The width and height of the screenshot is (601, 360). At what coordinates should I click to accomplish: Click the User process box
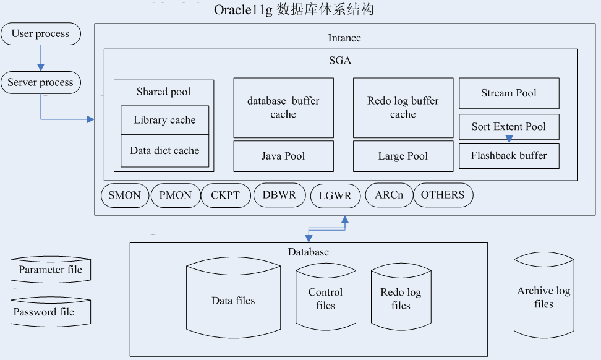(41, 33)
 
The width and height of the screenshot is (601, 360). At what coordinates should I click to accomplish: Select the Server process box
(41, 82)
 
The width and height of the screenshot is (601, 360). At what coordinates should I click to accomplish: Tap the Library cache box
(164, 120)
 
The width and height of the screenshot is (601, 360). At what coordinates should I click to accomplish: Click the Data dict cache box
(164, 150)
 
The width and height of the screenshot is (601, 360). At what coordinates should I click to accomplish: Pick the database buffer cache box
(283, 108)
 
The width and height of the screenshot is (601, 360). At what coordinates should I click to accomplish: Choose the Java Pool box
(283, 156)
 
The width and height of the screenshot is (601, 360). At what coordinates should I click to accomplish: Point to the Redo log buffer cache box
(403, 108)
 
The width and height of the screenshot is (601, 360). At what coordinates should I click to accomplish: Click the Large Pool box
(403, 156)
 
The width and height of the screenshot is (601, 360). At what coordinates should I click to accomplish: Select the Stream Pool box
(509, 93)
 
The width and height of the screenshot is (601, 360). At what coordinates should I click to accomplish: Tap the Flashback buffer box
(509, 156)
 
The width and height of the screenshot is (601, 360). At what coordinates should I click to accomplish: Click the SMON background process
(125, 195)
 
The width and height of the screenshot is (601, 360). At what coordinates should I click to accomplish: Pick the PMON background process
(176, 195)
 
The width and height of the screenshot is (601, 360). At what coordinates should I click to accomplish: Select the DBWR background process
(279, 195)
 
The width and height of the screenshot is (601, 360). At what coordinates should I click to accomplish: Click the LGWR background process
(335, 196)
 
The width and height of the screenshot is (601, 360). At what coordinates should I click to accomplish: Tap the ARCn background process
(389, 195)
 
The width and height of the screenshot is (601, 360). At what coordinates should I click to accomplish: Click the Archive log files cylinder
(543, 297)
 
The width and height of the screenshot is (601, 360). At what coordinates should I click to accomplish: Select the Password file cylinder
(51, 312)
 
